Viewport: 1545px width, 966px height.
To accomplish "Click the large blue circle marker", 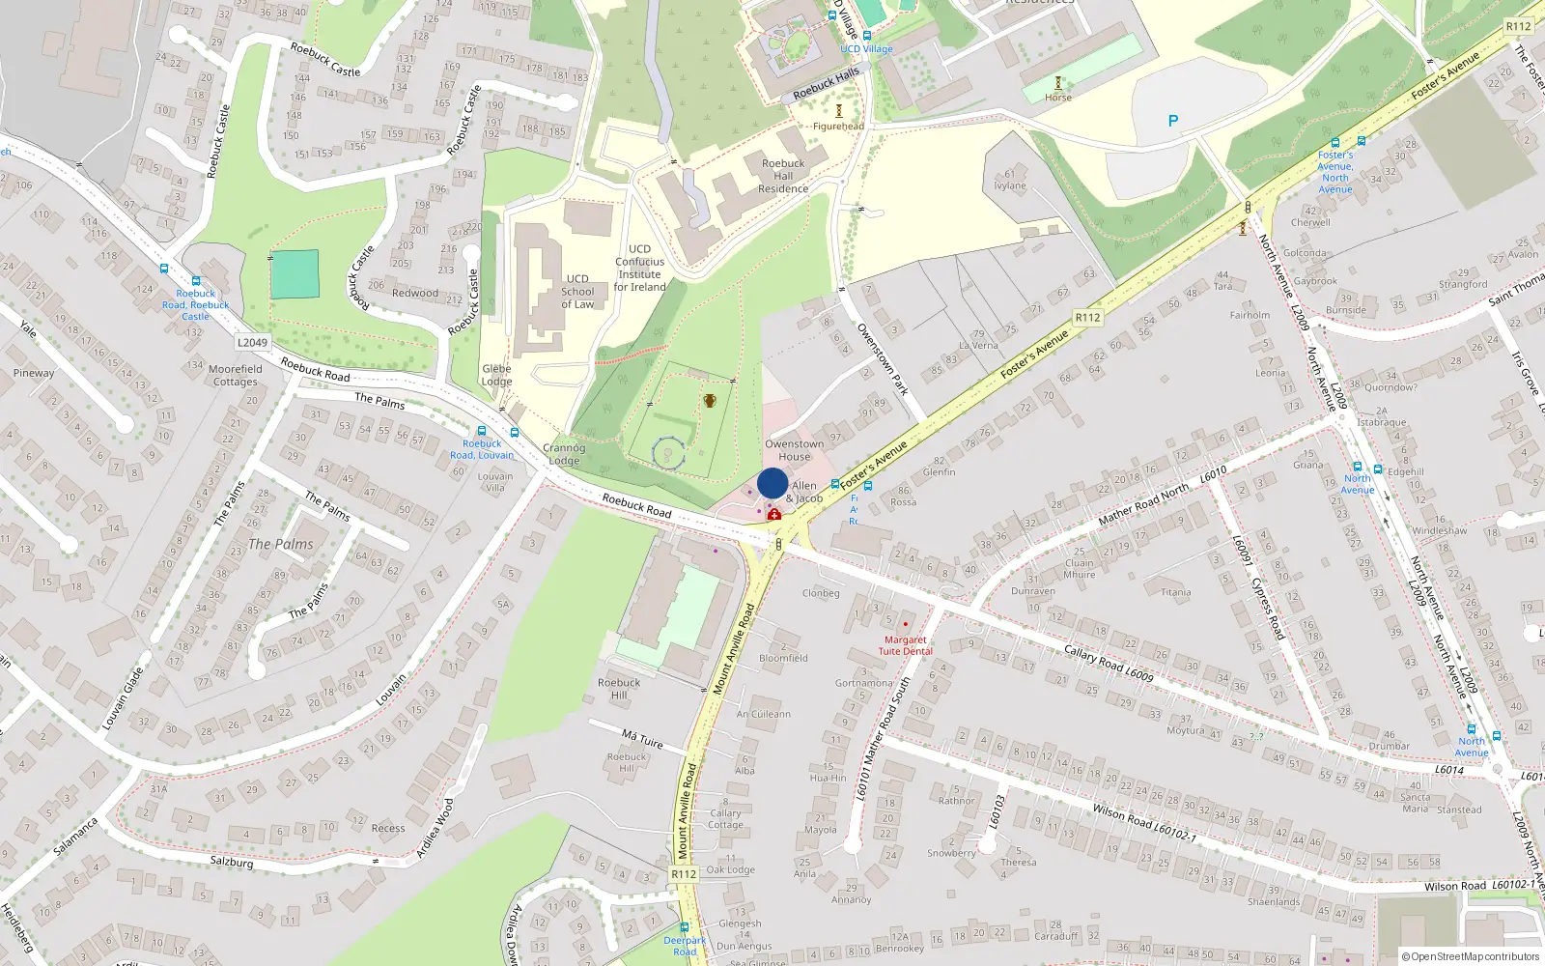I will (x=772, y=483).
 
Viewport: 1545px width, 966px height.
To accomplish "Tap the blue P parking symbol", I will (x=1173, y=121).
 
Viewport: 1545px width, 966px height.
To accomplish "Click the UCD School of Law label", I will (x=577, y=292).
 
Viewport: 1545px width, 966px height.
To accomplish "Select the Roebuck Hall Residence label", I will (x=783, y=176).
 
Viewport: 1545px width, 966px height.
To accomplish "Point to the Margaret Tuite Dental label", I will (x=905, y=645).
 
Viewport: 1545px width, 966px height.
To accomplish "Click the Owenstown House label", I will (x=795, y=450).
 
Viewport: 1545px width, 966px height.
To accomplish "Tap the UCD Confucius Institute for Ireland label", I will (x=640, y=268).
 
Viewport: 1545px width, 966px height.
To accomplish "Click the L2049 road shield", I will (x=252, y=342).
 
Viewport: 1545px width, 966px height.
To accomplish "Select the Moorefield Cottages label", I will (x=236, y=375).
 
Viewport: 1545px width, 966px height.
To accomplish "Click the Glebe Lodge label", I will (x=496, y=375).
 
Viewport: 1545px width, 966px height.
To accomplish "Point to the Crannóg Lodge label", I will (x=564, y=454).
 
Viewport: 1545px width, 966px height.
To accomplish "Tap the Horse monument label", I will (x=1058, y=98).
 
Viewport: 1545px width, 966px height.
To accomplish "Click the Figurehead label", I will (x=838, y=127).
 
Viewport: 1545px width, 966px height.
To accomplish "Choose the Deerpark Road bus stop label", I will (x=685, y=946).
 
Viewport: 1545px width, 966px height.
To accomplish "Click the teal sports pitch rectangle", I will (x=295, y=274).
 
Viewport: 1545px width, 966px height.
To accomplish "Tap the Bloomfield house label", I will (x=783, y=658).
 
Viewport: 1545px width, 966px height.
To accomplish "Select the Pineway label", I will (x=34, y=373).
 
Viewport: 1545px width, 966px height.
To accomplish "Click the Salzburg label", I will (x=232, y=861).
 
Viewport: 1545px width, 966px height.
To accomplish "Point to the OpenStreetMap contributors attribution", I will (x=1475, y=957).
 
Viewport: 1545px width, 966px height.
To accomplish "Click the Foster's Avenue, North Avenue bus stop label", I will (x=1335, y=172).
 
